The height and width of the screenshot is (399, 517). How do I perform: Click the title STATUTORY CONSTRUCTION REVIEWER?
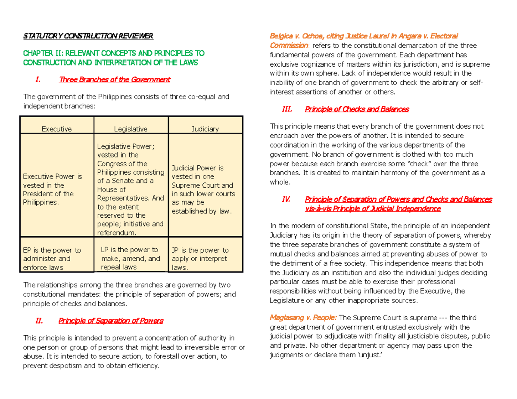pyautogui.click(x=88, y=35)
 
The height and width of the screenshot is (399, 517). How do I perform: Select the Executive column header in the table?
pyautogui.click(x=56, y=129)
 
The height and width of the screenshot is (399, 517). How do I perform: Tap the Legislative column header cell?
pyautogui.click(x=131, y=129)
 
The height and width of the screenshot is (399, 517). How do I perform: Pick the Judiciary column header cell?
pyautogui.click(x=205, y=129)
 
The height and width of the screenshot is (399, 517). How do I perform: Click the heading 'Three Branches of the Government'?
pyautogui.click(x=115, y=80)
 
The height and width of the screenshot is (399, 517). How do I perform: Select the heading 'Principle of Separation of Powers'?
pyautogui.click(x=111, y=321)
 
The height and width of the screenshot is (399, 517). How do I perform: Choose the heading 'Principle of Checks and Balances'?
pyautogui.click(x=357, y=109)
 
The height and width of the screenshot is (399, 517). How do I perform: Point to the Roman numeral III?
pyautogui.click(x=287, y=109)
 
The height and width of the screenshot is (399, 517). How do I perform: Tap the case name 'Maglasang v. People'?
pyautogui.click(x=303, y=318)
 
